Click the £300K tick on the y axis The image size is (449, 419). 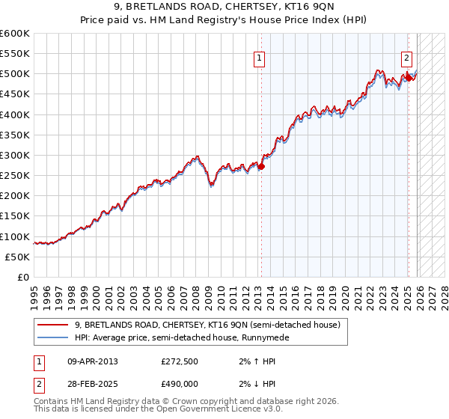pos(15,155)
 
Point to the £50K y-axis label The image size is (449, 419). pos(17,257)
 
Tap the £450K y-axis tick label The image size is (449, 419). pos(15,94)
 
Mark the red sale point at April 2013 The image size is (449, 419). pos(261,166)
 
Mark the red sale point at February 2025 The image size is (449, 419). pos(409,78)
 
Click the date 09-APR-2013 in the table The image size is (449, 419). pos(93,361)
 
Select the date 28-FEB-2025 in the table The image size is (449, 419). pos(93,383)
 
